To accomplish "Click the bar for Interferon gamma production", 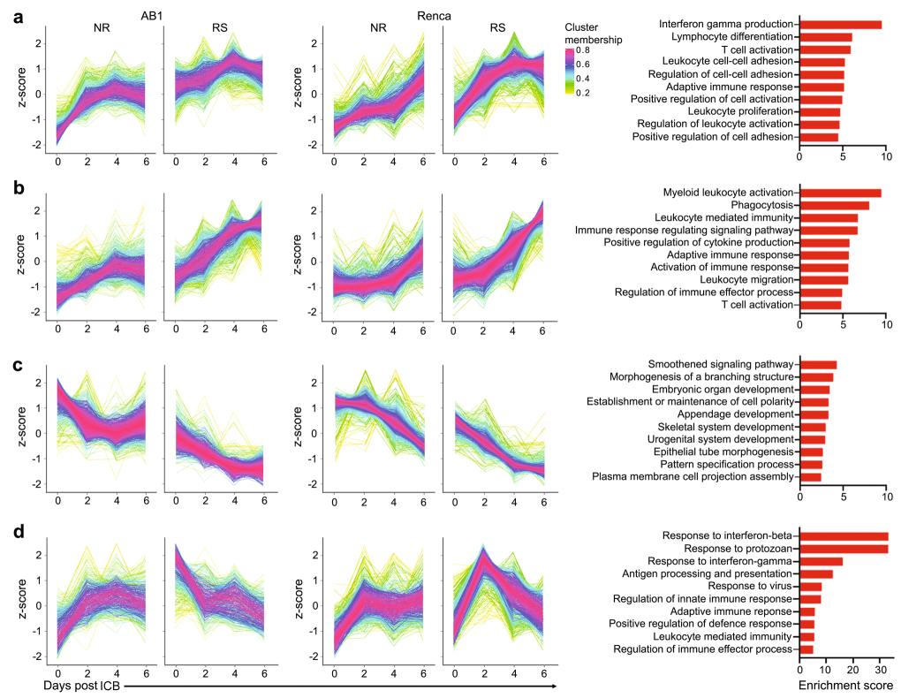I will [x=840, y=24].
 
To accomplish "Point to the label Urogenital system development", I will [x=726, y=439].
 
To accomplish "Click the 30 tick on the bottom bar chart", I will [x=881, y=669].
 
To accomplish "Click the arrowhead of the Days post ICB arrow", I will [x=554, y=686].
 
